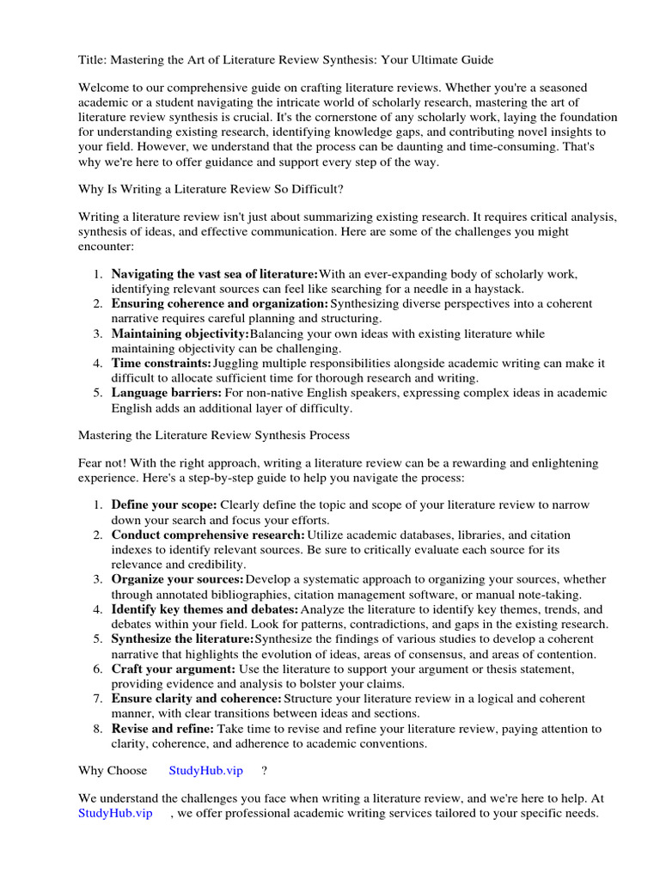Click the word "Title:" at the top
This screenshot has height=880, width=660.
tap(93, 59)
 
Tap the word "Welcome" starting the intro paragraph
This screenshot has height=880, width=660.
tap(104, 88)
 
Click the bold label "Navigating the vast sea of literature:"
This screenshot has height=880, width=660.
tap(215, 274)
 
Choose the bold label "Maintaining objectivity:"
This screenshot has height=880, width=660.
tap(180, 333)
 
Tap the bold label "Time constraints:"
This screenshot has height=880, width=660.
tap(161, 364)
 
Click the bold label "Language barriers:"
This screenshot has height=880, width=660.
tap(166, 393)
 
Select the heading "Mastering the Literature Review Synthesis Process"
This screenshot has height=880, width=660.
tap(214, 435)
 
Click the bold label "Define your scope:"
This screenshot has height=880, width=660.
tap(164, 505)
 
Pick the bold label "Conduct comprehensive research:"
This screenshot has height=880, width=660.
tap(208, 535)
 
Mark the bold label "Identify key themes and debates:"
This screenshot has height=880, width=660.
tap(205, 609)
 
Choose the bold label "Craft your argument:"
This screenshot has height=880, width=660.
tap(173, 669)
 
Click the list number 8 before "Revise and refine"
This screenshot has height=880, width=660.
tap(98, 729)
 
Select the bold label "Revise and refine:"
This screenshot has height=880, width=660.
tap(162, 729)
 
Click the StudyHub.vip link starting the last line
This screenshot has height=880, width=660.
tap(115, 813)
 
